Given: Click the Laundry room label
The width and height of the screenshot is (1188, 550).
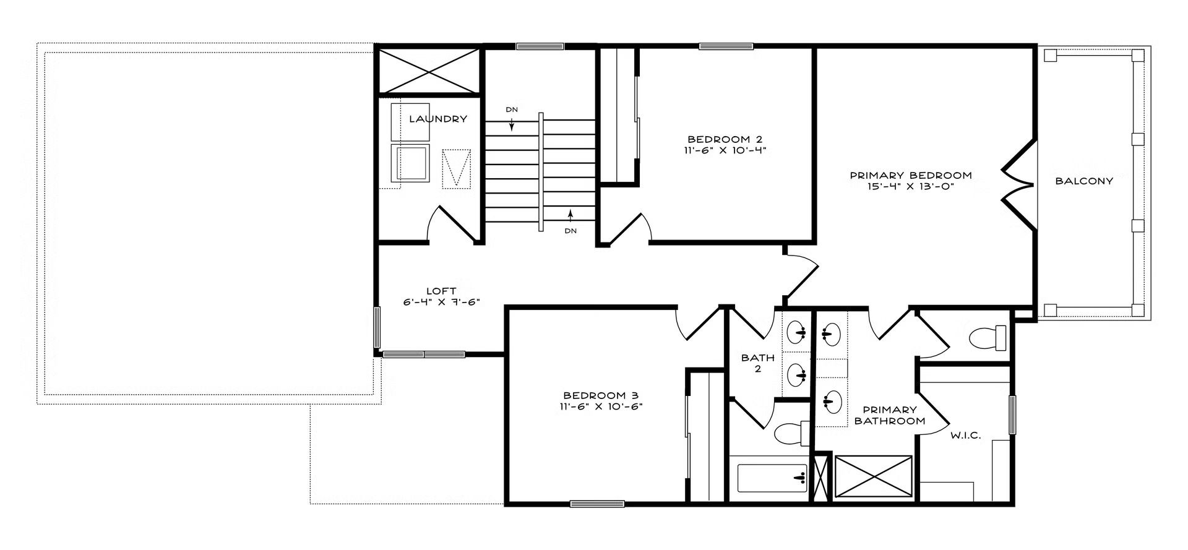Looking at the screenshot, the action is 437,119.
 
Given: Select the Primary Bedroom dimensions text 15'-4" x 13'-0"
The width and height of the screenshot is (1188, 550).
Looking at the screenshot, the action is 911,186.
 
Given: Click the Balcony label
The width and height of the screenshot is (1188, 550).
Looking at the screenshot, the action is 1084,181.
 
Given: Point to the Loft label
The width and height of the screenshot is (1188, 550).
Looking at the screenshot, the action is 441,291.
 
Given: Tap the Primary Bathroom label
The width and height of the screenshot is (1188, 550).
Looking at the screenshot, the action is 889,415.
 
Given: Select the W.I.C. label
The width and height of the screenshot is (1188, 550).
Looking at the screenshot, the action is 965,436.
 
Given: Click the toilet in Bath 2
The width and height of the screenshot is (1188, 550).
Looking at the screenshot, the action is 793,433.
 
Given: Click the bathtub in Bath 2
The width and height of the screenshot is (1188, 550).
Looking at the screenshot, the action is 772,478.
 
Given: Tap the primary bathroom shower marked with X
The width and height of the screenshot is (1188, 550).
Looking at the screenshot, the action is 873,476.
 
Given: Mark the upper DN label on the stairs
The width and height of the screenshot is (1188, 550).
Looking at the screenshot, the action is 512,110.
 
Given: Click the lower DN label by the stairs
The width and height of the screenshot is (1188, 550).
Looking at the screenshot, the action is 570,231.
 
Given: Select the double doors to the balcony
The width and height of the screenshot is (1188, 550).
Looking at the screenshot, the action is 1018,184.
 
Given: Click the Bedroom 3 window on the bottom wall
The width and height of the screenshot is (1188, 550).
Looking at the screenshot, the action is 597,504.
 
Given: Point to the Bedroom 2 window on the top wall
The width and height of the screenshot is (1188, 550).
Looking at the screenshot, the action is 726,46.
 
